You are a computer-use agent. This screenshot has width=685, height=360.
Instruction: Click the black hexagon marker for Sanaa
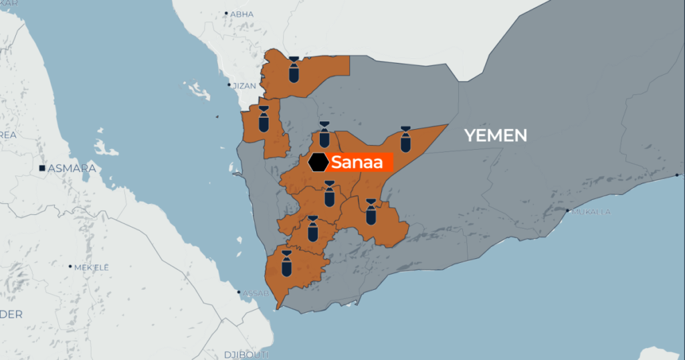tap(318, 162)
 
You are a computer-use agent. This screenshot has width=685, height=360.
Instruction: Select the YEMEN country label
tap(496, 136)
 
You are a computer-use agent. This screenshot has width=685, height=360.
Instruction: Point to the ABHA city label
tap(242, 13)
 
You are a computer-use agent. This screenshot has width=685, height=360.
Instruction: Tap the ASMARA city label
tap(72, 168)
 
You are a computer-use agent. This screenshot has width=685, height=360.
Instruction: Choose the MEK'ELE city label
tap(91, 267)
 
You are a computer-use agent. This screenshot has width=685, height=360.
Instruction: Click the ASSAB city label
tap(256, 292)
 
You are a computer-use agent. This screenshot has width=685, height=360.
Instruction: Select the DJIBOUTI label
tap(246, 353)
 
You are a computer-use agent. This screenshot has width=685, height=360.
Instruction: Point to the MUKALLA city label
tap(591, 211)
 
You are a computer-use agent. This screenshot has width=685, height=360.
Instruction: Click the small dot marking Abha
tap(226, 13)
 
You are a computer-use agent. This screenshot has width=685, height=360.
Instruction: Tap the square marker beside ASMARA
tap(42, 168)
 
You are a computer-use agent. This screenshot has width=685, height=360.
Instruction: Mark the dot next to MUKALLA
tap(569, 211)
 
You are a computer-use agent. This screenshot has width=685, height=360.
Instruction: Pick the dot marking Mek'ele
tap(70, 266)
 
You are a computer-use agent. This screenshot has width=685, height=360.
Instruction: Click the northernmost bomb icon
tap(294, 69)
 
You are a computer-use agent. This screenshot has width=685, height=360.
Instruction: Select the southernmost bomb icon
tap(286, 262)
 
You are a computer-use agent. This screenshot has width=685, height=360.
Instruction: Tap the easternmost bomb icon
tap(405, 139)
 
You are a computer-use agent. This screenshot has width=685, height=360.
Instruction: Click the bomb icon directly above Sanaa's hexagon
tap(324, 134)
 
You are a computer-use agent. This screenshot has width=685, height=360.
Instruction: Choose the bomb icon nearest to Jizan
tap(263, 119)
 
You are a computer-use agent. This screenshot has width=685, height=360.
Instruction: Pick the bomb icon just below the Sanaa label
tap(329, 194)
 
